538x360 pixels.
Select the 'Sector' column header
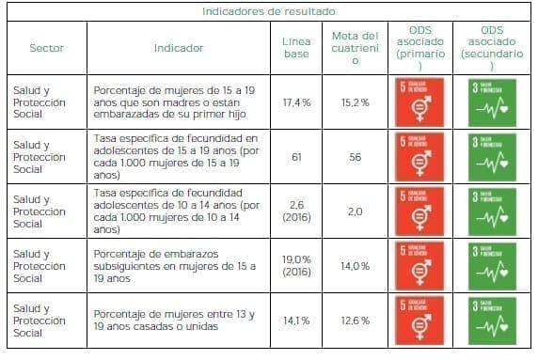[x=46, y=47]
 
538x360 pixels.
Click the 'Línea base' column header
[x=296, y=47]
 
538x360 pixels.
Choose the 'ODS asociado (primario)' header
[x=420, y=47]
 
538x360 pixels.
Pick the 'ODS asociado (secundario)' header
[x=491, y=47]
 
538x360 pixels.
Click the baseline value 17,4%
[x=296, y=102]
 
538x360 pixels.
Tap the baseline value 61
[x=296, y=156]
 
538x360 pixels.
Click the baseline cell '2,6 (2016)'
[x=296, y=211]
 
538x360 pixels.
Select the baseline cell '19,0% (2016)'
[x=296, y=266]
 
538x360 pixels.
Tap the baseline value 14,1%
[x=296, y=321]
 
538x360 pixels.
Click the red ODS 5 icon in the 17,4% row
[x=420, y=102]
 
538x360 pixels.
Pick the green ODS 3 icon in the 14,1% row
[x=491, y=321]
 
